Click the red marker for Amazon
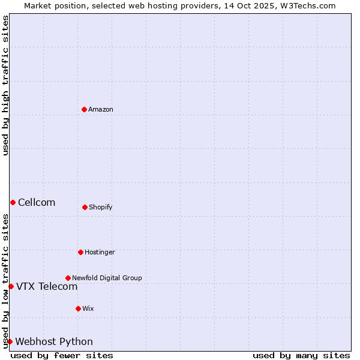(x=84, y=109)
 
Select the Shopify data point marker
(x=85, y=207)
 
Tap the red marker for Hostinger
(x=80, y=252)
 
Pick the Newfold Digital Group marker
(x=68, y=278)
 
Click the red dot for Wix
(x=78, y=308)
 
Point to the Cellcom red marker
(x=13, y=202)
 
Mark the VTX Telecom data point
(x=11, y=286)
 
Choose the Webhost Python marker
(x=10, y=341)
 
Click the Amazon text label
(x=101, y=109)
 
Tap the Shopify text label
(x=101, y=207)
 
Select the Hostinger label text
(x=100, y=252)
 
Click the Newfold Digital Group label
(x=107, y=278)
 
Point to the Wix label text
(x=88, y=308)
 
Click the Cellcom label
(x=37, y=202)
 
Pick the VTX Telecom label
(x=47, y=286)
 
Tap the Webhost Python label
(x=54, y=341)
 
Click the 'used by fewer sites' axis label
(x=62, y=355)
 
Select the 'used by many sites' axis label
(x=301, y=355)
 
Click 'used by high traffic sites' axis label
(x=5, y=85)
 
